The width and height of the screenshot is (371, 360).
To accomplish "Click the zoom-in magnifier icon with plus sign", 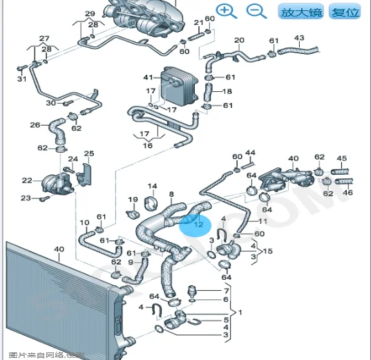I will [225, 10].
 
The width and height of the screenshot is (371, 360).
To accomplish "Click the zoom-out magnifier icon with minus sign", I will [256, 10].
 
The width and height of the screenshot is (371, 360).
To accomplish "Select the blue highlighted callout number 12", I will [198, 223].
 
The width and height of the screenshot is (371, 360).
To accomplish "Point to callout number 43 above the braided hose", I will [299, 38].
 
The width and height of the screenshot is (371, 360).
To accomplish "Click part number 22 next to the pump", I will [26, 181].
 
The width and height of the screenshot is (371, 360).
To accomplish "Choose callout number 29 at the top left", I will [90, 14].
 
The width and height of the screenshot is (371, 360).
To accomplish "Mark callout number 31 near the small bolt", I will [21, 79].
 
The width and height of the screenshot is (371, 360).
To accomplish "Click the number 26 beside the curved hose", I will [35, 125].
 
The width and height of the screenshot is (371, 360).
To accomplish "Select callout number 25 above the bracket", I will [88, 153].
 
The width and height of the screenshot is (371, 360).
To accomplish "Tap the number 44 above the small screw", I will [250, 153].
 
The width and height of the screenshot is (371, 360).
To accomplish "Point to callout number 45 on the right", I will [341, 158].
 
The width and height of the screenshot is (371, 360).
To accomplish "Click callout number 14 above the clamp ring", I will [152, 186].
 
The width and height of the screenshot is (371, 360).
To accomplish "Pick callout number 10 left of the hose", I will [84, 222].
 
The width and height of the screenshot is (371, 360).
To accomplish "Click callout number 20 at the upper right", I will [239, 40].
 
